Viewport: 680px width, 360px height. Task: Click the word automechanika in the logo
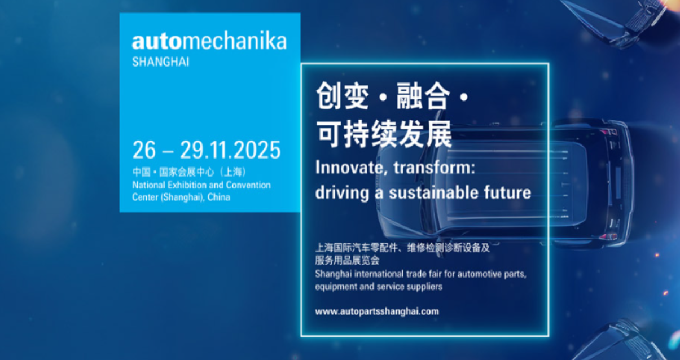click(x=209, y=42)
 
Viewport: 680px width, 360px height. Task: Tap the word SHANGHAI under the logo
click(x=161, y=62)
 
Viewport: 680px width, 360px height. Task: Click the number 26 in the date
click(x=144, y=150)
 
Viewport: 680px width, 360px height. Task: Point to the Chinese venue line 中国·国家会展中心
click(x=173, y=172)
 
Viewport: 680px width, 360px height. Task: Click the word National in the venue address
click(x=148, y=185)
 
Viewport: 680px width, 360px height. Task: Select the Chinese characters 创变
click(x=343, y=96)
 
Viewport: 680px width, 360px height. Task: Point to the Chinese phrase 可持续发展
click(x=384, y=134)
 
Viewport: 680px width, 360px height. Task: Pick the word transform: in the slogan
click(x=435, y=168)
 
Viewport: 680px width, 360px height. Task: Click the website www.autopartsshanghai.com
click(x=377, y=311)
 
